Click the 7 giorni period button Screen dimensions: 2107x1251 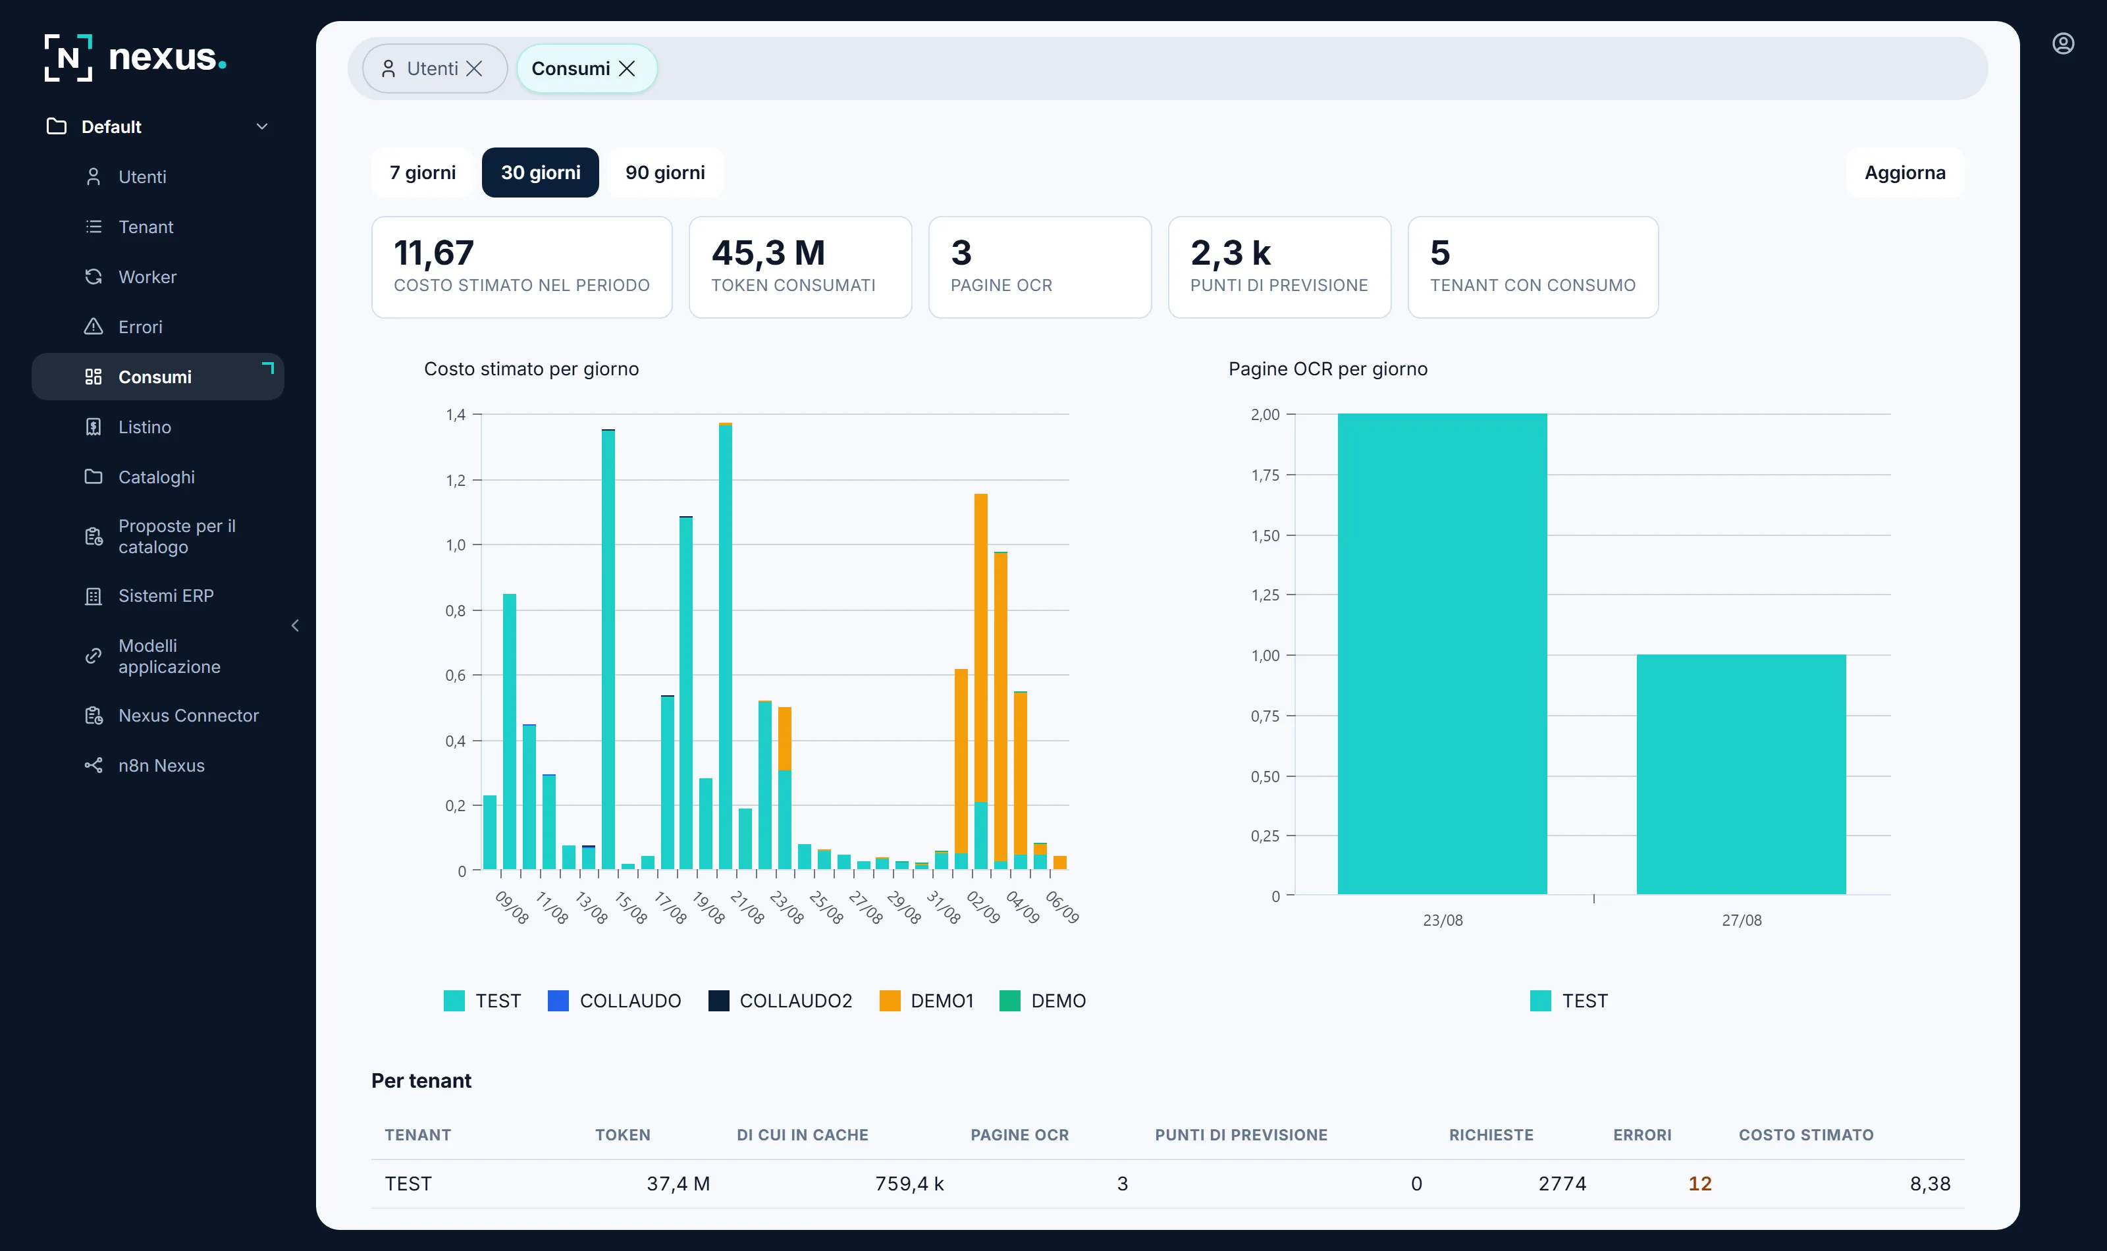[422, 173]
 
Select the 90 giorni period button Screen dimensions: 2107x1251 [665, 173]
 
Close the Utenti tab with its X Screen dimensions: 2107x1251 [475, 69]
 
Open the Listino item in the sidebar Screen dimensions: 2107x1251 [144, 427]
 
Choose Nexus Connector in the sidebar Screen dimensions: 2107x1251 [188, 716]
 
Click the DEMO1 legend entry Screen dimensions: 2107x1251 [926, 1001]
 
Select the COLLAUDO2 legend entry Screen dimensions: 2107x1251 [780, 1001]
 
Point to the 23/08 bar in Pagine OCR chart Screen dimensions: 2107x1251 [1442, 654]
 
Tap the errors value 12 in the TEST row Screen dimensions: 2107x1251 [1700, 1184]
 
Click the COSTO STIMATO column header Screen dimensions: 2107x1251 [1806, 1134]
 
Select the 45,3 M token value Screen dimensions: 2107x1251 [768, 253]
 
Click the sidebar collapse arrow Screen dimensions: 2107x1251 [295, 625]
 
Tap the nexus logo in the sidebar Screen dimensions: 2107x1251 [136, 58]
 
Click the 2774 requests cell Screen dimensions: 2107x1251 [1562, 1184]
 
